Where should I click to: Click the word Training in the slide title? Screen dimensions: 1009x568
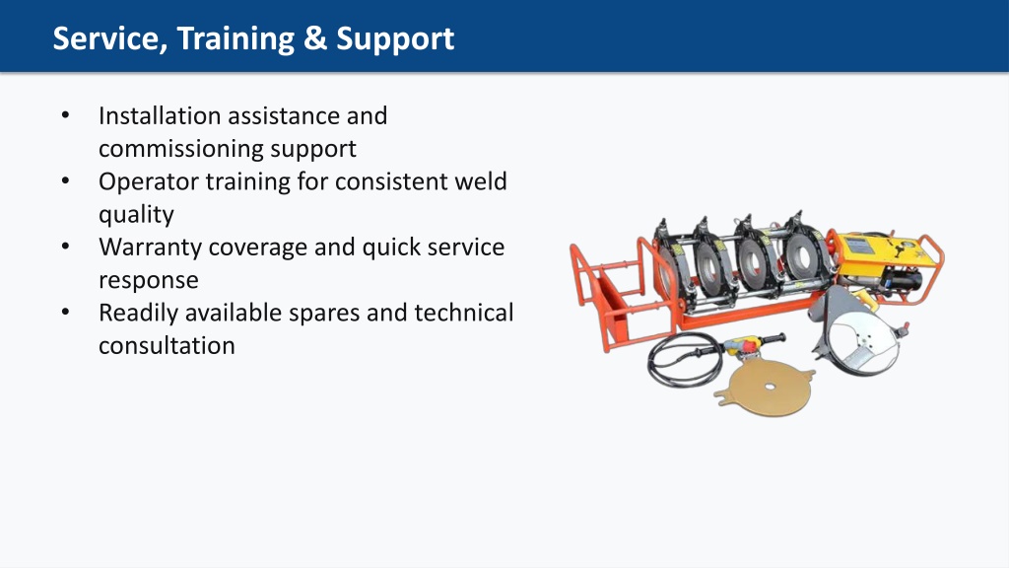[235, 38]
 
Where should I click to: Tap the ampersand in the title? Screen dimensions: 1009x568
[315, 38]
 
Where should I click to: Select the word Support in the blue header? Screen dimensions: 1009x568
[395, 39]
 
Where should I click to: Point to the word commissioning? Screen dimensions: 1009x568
[180, 150]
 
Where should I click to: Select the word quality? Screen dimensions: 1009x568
[136, 215]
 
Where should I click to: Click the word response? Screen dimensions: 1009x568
[149, 281]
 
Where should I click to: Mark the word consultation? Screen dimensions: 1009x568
[167, 346]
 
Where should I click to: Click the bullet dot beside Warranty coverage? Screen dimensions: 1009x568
[66, 247]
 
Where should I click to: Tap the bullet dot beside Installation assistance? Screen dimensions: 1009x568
[66, 115]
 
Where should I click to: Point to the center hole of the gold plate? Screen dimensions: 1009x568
[771, 388]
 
